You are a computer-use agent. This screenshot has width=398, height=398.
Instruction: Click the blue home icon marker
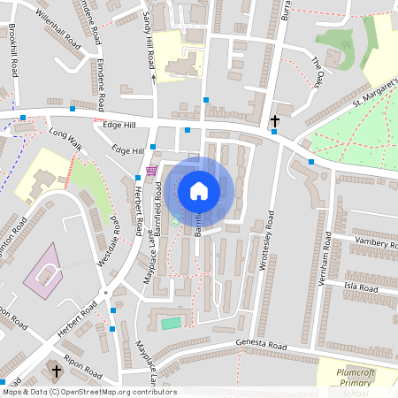(199, 190)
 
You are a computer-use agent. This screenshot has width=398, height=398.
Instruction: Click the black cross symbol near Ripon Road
(57, 371)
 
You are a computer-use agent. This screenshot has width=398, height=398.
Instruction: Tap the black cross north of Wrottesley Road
(275, 119)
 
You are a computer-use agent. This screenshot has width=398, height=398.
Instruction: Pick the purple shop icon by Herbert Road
(151, 170)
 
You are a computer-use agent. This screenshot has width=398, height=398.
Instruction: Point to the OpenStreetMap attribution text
(89, 392)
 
